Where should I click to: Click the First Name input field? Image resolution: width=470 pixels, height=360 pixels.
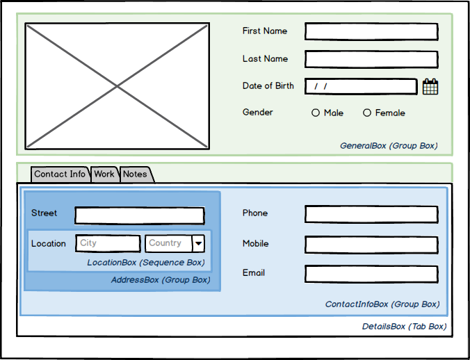point(371,31)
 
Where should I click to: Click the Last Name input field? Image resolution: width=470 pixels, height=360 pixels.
point(371,59)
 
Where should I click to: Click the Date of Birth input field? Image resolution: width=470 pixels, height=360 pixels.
point(360,86)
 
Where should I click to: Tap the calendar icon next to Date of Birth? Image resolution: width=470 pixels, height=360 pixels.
point(430,86)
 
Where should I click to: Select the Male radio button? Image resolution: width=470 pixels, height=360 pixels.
point(316,113)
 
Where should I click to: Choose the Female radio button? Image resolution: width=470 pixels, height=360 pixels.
point(367,113)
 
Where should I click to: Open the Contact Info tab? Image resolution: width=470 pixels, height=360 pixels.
point(60,174)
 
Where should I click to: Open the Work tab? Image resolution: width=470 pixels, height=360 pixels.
point(104,174)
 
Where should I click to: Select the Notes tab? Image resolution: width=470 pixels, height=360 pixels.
point(136,174)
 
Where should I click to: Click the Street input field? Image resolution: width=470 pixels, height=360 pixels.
point(139,215)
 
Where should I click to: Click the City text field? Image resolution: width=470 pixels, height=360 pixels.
point(107,243)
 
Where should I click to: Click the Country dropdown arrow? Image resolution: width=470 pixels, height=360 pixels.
point(198,243)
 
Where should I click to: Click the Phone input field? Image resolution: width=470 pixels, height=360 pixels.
point(371,214)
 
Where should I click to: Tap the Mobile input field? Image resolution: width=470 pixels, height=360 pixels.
point(371,245)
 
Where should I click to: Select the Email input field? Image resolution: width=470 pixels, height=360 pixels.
point(371,274)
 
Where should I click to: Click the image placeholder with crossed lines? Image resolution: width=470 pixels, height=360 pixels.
point(117,85)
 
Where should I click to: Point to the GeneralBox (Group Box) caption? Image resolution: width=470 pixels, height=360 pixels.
point(389,146)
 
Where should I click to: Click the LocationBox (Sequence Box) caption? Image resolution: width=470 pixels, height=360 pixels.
point(146,263)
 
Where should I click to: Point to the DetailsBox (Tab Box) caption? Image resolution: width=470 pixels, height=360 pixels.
point(404,326)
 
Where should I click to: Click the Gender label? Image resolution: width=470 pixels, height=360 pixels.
point(257,113)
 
